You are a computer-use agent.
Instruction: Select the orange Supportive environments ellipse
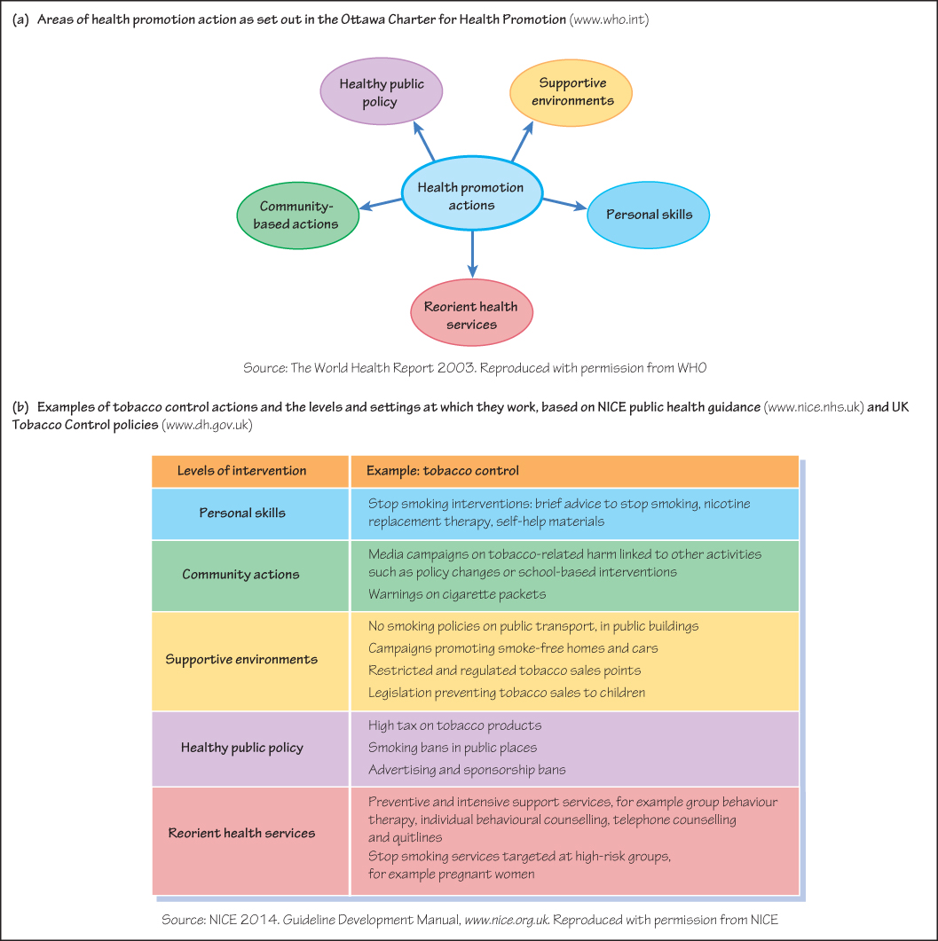pyautogui.click(x=571, y=91)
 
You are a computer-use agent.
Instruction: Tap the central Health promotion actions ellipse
pyautogui.click(x=470, y=196)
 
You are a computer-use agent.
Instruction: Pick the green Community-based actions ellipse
pyautogui.click(x=297, y=216)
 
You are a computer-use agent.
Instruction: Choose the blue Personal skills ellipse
pyautogui.click(x=648, y=215)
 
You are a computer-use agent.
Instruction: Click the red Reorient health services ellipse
pyautogui.click(x=471, y=315)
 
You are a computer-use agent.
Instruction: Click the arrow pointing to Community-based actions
pyautogui.click(x=381, y=205)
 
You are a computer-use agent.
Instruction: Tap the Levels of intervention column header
pyautogui.click(x=241, y=471)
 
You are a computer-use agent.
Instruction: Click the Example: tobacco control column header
pyautogui.click(x=443, y=471)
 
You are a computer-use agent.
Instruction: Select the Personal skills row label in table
pyautogui.click(x=241, y=513)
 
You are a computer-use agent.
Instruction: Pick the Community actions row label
pyautogui.click(x=241, y=575)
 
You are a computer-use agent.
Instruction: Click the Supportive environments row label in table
pyautogui.click(x=241, y=660)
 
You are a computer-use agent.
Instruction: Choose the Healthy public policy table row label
pyautogui.click(x=241, y=748)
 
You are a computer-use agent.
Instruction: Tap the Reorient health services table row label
pyautogui.click(x=241, y=833)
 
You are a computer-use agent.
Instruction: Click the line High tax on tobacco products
pyautogui.click(x=454, y=725)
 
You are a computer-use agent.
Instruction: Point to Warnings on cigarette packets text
pyautogui.click(x=456, y=594)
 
